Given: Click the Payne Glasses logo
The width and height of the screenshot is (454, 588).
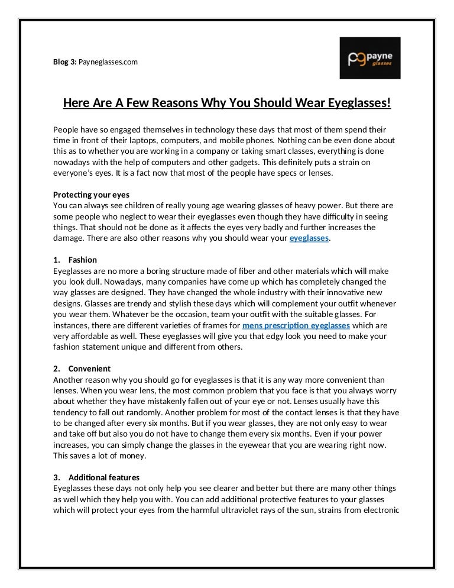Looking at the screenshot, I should tap(369, 58).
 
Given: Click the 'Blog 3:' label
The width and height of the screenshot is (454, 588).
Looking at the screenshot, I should tap(64, 61).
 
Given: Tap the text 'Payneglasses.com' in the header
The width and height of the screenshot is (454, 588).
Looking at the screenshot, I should tap(108, 61).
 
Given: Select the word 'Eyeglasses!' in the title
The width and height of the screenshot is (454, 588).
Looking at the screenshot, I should tap(354, 104).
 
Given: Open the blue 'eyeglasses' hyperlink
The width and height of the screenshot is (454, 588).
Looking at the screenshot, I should tap(309, 238).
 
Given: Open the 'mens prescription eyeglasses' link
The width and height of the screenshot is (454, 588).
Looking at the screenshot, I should tap(296, 325).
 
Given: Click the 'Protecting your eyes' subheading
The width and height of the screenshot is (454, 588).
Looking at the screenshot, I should tap(91, 195).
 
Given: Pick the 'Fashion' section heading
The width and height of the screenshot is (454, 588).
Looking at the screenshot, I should tap(83, 260).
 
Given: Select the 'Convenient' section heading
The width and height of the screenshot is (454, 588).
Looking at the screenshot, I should tap(89, 369).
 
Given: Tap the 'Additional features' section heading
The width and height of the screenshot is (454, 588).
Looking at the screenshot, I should tap(104, 477).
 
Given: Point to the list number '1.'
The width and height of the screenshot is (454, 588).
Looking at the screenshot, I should tap(57, 260).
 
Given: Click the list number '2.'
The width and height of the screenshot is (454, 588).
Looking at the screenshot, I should tap(57, 369).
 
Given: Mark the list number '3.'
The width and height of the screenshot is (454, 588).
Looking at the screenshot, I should tap(57, 477).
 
